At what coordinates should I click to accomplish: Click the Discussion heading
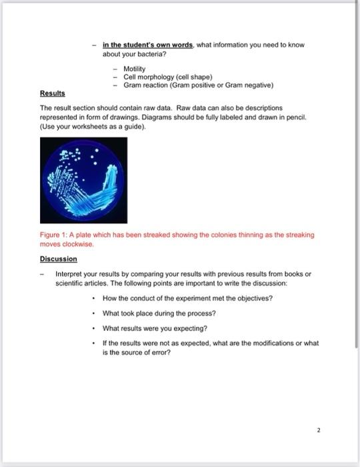(59, 259)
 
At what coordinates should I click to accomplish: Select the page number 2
(319, 431)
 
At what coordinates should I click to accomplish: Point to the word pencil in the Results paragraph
(273, 116)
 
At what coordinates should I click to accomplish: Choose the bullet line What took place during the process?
(159, 313)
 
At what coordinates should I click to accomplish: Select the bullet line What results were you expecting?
(154, 328)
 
